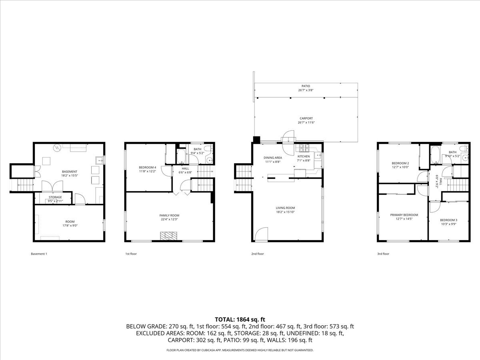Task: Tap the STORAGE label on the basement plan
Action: [56, 197]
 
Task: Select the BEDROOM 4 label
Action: [147, 167]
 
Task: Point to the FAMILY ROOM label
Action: [169, 215]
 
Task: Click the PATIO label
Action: [306, 86]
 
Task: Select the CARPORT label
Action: [306, 118]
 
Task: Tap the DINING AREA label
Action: [273, 158]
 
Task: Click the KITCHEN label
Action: [303, 156]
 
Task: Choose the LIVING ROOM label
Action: [285, 208]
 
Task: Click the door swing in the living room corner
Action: [261, 234]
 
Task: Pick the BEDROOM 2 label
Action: [400, 163]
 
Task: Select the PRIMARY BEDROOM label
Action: [404, 215]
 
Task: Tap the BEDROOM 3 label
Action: [448, 220]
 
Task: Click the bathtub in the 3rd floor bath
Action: [435, 154]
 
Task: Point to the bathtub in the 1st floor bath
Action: [182, 156]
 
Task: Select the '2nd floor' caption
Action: [258, 254]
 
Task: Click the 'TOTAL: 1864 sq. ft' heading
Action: [240, 319]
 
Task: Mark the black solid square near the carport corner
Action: [256, 140]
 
